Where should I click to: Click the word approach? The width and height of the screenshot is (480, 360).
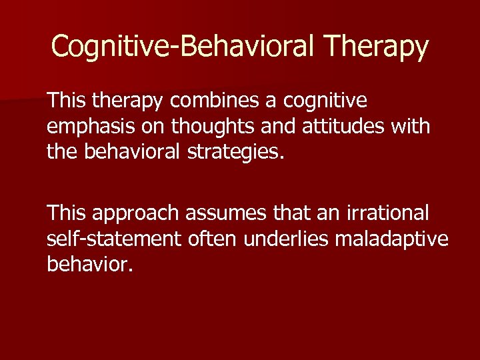[x=135, y=214]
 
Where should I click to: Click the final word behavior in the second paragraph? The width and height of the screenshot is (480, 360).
[x=90, y=265]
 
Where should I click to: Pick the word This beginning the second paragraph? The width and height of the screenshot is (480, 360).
[x=67, y=214]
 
